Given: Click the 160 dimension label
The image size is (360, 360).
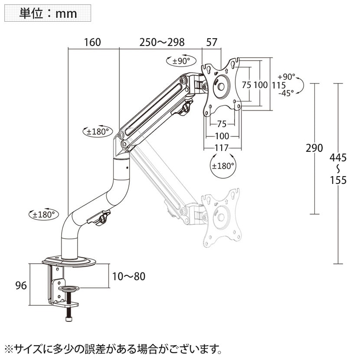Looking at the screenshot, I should pyautogui.click(x=92, y=42).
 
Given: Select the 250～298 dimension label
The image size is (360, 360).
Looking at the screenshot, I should pyautogui.click(x=162, y=42).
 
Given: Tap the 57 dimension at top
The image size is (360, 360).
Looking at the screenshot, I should pyautogui.click(x=212, y=42).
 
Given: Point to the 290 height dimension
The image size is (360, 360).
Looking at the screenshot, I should pyautogui.click(x=314, y=148).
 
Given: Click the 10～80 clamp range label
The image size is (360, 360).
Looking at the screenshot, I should pyautogui.click(x=128, y=276).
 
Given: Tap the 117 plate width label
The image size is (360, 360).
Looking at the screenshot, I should pyautogui.click(x=222, y=147).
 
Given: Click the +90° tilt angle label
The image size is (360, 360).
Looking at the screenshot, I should pyautogui.click(x=286, y=76).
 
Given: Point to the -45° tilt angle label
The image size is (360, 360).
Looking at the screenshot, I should pyautogui.click(x=286, y=92).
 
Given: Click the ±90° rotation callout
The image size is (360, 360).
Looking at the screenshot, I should pyautogui.click(x=178, y=61).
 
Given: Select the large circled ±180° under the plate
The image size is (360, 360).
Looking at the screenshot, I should pyautogui.click(x=223, y=165).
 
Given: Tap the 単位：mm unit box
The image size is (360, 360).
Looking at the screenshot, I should pyautogui.click(x=48, y=13).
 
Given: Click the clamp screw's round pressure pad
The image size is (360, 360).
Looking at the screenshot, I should pyautogui.click(x=69, y=288).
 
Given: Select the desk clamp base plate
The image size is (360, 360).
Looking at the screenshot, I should pyautogui.click(x=69, y=262).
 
